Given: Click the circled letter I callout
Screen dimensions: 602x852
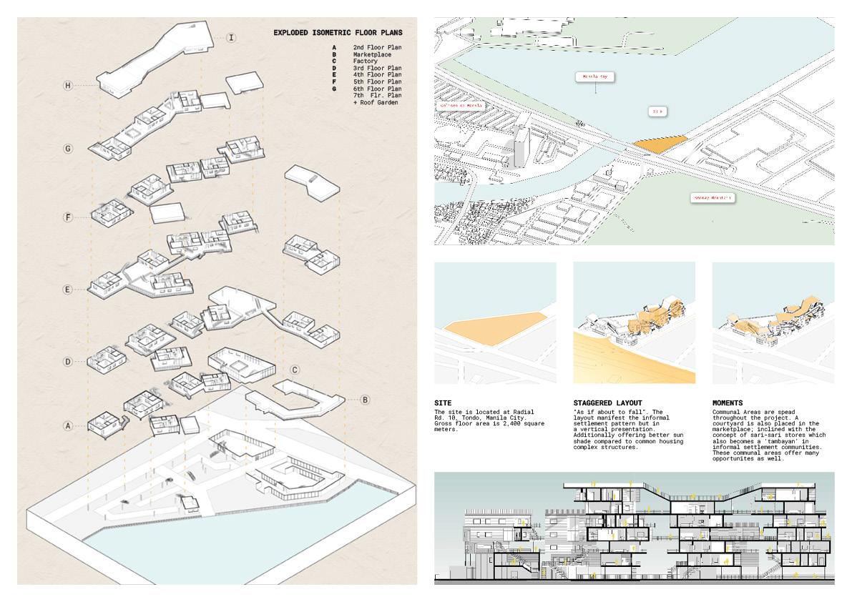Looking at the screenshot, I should point(231,37).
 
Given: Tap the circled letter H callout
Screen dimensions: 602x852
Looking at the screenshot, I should point(68,86).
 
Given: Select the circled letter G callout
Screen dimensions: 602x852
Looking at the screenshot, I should point(68,149).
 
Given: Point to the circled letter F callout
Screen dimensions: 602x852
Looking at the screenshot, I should point(68,216).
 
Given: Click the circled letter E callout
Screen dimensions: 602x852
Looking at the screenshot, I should point(68,290).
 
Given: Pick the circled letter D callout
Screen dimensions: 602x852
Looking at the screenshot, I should point(68,362).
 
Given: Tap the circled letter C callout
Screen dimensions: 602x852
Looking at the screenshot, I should point(295,370).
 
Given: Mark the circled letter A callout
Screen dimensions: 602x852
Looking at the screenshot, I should point(68,425).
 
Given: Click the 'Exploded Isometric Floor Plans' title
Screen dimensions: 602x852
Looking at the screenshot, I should point(338,32).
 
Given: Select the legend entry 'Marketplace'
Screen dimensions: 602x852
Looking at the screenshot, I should point(372,54).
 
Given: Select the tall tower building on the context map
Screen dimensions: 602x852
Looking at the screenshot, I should point(522,147).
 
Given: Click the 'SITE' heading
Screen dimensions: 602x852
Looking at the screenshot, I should point(443,403).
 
